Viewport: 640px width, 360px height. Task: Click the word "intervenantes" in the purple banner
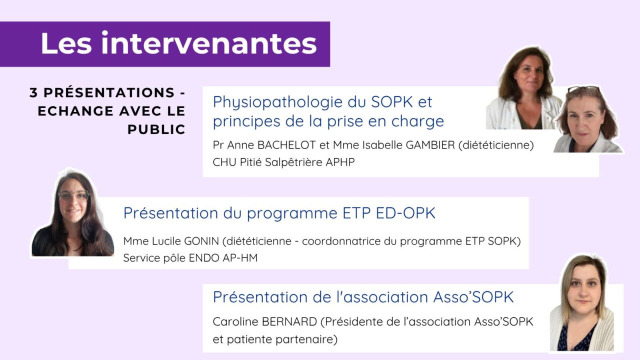(208, 43)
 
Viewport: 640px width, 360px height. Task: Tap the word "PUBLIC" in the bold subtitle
(156, 129)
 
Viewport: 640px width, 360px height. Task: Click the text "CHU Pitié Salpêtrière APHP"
(283, 162)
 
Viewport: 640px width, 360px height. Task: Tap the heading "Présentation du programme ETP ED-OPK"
(279, 213)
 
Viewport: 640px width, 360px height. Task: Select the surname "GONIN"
(202, 241)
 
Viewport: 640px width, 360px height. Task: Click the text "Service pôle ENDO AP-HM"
(190, 258)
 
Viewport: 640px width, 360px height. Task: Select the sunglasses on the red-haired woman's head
(583, 89)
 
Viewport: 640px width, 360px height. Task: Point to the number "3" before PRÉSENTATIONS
(33, 93)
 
